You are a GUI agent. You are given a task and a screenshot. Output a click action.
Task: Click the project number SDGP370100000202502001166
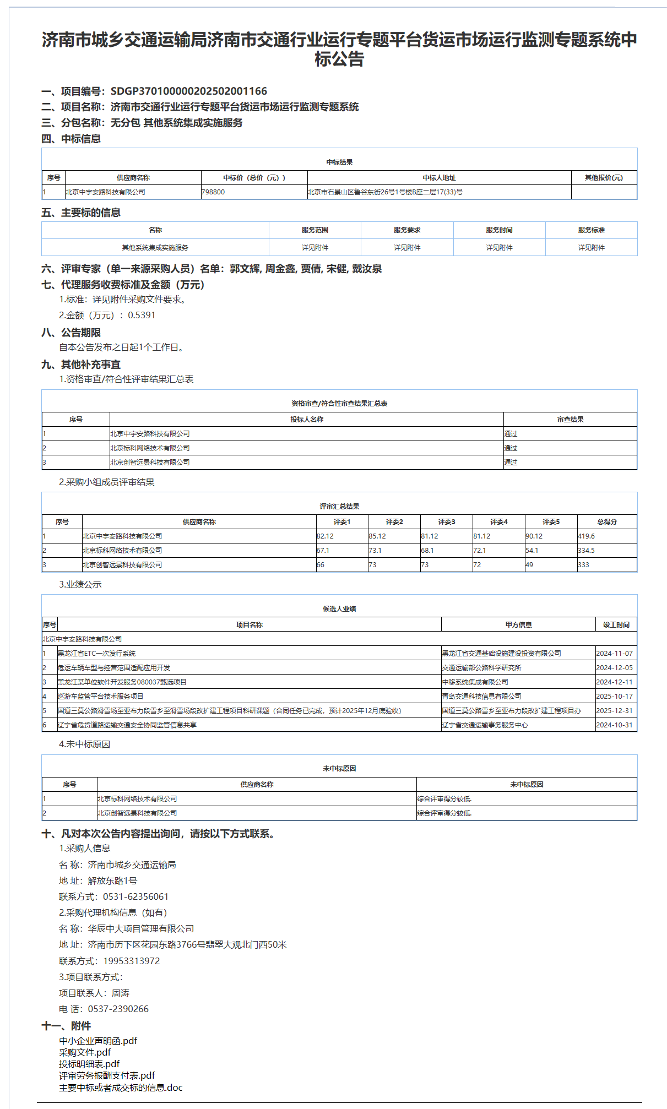pyautogui.click(x=188, y=91)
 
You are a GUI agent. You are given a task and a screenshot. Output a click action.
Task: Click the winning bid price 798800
pyautogui.click(x=213, y=192)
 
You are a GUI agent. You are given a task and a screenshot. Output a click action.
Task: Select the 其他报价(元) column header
pyautogui.click(x=604, y=178)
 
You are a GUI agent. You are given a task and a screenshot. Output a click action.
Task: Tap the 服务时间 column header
pyautogui.click(x=499, y=230)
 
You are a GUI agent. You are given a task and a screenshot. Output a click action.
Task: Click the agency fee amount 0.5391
pyautogui.click(x=142, y=316)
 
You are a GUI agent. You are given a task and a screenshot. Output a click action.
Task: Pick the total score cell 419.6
pyautogui.click(x=586, y=536)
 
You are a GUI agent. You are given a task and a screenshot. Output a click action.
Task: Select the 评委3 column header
pyautogui.click(x=446, y=522)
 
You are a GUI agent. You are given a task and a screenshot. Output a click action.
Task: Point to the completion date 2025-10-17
pyautogui.click(x=614, y=697)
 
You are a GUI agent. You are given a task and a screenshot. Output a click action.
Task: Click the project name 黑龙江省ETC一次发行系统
pyautogui.click(x=97, y=654)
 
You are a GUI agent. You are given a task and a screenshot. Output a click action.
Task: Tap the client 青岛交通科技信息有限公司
pyautogui.click(x=481, y=697)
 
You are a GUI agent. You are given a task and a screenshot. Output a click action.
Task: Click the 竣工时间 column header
pyautogui.click(x=616, y=625)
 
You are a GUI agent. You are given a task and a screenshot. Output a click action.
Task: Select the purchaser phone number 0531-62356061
pyautogui.click(x=135, y=897)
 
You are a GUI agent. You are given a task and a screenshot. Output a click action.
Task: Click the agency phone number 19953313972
pyautogui.click(x=131, y=961)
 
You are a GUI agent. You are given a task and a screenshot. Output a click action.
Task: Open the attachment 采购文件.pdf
pyautogui.click(x=85, y=1053)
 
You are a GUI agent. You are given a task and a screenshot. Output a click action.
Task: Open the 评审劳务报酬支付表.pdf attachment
pyautogui.click(x=107, y=1076)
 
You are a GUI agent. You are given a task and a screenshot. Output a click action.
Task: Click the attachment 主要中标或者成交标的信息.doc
pyautogui.click(x=121, y=1088)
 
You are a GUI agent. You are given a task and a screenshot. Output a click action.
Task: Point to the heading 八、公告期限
pyautogui.click(x=71, y=333)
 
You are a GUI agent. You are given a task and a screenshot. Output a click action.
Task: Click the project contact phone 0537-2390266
pyautogui.click(x=118, y=1009)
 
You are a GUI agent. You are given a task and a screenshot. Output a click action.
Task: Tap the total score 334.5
pyautogui.click(x=586, y=551)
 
